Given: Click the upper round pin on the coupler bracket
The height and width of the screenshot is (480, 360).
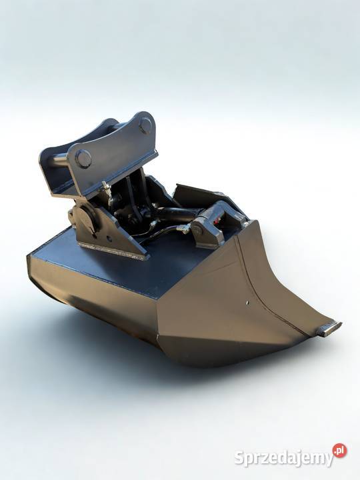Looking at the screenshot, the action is pos(145,125).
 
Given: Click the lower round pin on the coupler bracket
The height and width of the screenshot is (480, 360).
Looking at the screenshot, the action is pos(83,159).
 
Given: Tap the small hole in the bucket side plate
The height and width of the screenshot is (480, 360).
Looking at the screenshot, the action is pos(247,303).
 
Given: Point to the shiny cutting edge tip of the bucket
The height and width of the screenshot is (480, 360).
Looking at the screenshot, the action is pos(329,329).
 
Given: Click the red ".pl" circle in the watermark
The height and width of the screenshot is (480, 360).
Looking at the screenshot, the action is pos(340,450).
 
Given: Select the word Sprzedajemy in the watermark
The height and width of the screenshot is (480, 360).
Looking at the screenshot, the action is pos(284,458).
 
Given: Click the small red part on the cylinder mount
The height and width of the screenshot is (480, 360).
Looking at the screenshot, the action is pos(217,219).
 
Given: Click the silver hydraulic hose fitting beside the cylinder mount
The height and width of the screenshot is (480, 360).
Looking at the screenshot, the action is pos(183,229).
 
